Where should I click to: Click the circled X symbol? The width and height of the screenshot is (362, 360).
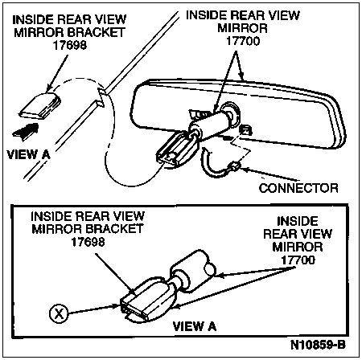point(59,313)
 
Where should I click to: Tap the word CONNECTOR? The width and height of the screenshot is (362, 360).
point(298,188)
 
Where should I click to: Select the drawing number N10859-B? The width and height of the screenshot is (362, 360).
point(318,345)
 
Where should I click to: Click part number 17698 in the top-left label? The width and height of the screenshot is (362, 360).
point(70,45)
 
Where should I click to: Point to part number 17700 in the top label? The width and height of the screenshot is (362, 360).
point(243,41)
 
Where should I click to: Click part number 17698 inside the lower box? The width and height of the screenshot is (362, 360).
point(88,242)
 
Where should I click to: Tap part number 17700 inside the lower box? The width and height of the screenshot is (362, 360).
point(298,260)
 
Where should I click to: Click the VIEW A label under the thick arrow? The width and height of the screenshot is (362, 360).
point(28,154)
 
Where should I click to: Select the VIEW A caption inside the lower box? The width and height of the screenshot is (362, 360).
point(195,326)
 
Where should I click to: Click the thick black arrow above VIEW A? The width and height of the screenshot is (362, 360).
point(27,131)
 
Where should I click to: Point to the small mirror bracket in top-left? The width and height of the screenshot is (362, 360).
point(40,106)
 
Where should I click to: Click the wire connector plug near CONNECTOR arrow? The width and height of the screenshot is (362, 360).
point(234,167)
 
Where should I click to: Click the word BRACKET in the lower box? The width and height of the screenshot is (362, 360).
point(114,229)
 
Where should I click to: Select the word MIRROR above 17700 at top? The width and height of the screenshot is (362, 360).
point(242,28)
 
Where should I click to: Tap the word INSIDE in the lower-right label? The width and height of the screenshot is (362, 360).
point(298,221)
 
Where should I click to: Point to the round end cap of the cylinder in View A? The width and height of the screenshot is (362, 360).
point(210,269)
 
